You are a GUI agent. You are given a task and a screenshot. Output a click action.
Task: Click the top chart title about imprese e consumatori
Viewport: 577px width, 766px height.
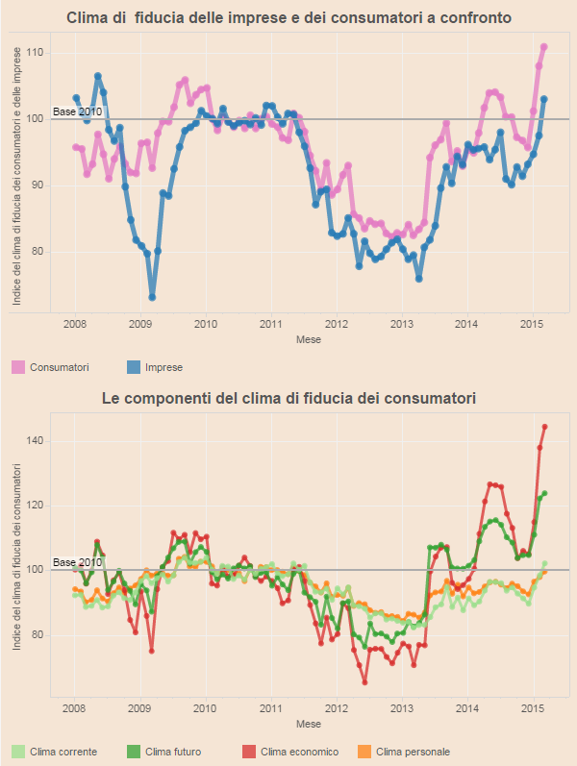[x=288, y=17]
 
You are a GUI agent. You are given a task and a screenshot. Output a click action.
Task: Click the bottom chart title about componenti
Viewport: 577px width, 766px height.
[x=288, y=397]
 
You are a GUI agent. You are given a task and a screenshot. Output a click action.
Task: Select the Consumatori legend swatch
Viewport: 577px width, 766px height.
[x=18, y=367]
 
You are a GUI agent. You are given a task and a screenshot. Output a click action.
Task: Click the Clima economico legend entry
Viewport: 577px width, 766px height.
[x=294, y=752]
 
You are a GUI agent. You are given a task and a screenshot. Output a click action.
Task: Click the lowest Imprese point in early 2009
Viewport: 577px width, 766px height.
[x=152, y=298]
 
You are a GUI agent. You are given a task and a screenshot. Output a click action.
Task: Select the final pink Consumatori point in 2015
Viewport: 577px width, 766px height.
[x=544, y=46]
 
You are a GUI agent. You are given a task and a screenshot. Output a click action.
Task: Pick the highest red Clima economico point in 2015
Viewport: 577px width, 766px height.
[x=545, y=426]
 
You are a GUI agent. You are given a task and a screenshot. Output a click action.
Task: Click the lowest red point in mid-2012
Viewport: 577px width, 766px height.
[x=365, y=682]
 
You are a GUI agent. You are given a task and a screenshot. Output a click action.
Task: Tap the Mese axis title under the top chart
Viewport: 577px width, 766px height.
[x=309, y=339]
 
